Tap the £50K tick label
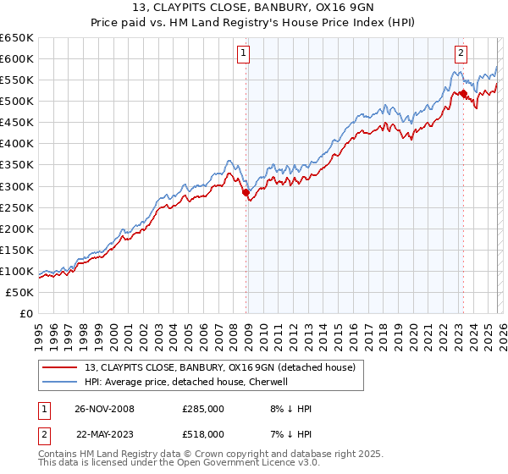pyautogui.click(x=20, y=292)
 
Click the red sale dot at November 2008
pyautogui.click(x=246, y=192)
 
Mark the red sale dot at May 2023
pyautogui.click(x=463, y=93)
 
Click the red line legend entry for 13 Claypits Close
pyautogui.click(x=224, y=367)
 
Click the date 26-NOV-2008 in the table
pyautogui.click(x=104, y=409)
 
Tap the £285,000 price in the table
pyautogui.click(x=202, y=409)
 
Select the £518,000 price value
pyautogui.click(x=202, y=433)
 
